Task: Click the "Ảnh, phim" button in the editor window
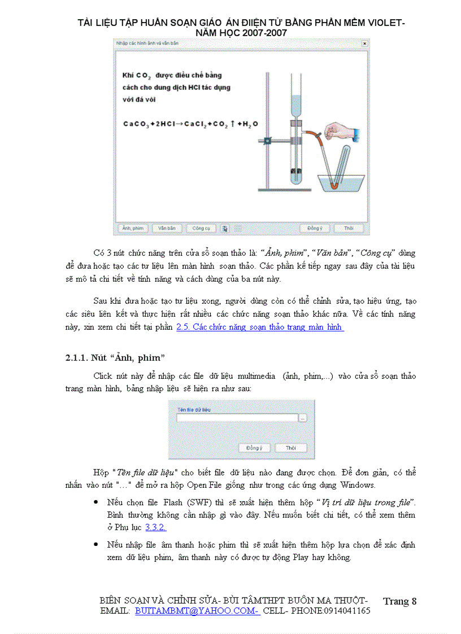(x=132, y=229)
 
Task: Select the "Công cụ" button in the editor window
(x=201, y=229)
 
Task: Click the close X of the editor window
(x=364, y=43)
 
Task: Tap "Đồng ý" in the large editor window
(x=315, y=229)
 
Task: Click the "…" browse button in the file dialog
(x=303, y=418)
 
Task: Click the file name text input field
(x=237, y=418)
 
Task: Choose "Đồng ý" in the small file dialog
(x=254, y=448)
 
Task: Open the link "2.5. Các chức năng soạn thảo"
(x=260, y=327)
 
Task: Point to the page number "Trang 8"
(x=399, y=601)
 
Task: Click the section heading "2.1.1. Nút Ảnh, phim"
(x=115, y=357)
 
